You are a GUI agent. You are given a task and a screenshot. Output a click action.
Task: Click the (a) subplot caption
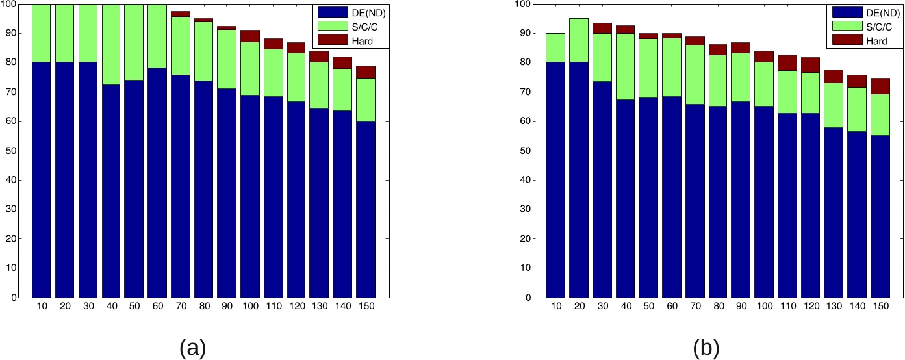tap(192, 348)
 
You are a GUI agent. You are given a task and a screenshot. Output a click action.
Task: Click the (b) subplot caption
tap(706, 348)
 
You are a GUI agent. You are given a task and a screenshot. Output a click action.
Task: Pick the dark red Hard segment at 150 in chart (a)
tap(366, 72)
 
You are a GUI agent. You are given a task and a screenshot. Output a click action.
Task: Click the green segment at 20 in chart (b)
tap(578, 40)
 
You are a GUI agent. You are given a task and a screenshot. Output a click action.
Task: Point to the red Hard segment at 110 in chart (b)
tap(787, 62)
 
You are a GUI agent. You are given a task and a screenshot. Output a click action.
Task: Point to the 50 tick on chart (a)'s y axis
tap(12, 151)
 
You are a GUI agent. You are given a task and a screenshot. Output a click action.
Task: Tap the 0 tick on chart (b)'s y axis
tap(529, 298)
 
